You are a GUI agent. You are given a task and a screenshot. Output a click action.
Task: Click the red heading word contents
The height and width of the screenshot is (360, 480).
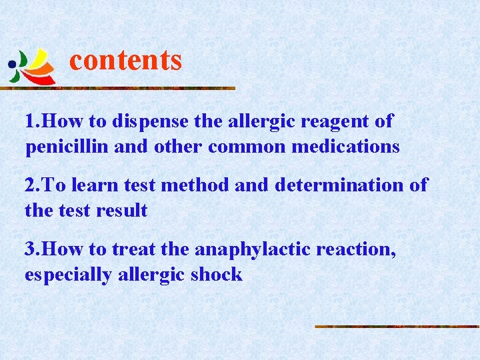[x=125, y=60]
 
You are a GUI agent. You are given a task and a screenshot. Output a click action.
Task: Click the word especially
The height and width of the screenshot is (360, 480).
[x=67, y=274]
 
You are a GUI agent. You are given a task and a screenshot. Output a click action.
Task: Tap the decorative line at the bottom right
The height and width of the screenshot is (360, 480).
[x=397, y=327]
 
